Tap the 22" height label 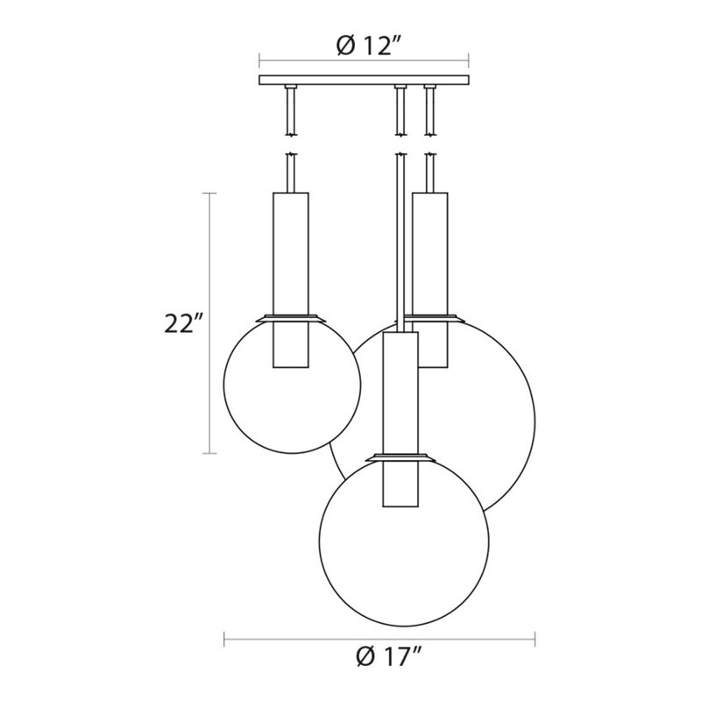183,323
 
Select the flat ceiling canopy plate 365,81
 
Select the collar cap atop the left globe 290,317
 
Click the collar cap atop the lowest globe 400,457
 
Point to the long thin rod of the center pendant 400,237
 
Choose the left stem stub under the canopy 290,110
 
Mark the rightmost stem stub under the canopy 430,110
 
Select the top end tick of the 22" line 209,195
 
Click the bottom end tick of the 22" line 209,453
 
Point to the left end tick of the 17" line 225,637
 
